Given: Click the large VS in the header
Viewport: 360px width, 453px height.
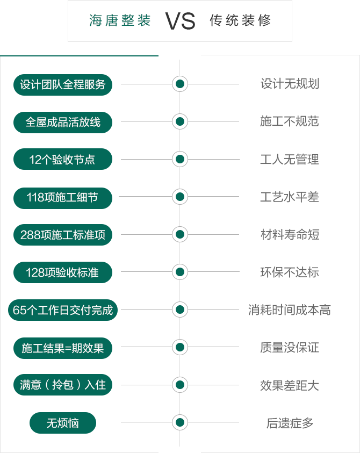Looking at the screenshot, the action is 181,21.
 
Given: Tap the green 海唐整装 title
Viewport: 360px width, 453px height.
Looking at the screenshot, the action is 120,20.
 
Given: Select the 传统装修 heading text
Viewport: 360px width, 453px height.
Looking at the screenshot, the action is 240,20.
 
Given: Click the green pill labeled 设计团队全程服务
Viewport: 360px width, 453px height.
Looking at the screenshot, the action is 63,85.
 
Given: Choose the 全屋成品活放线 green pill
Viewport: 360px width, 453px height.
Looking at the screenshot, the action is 63,122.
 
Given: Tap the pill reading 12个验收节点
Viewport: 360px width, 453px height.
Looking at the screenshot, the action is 63,159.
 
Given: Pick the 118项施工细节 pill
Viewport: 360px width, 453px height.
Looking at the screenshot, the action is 63,198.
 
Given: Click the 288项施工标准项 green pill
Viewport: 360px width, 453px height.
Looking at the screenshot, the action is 63,235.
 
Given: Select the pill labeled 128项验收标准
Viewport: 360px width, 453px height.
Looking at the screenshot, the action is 63,272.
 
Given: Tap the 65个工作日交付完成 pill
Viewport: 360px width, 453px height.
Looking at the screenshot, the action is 63,310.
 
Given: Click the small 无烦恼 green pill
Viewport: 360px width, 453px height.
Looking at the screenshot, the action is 63,423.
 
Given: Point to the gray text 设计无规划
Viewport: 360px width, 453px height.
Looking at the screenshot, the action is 290,84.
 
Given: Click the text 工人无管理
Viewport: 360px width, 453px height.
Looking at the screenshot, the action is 290,159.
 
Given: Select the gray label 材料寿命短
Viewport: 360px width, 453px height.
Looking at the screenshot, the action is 290,234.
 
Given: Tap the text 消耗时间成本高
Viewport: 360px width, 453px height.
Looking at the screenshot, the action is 290,310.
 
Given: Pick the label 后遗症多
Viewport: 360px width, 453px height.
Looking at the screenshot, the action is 290,423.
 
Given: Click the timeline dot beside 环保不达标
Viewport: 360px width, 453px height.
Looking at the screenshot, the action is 180,272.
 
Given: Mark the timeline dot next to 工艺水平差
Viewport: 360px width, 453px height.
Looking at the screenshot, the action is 180,197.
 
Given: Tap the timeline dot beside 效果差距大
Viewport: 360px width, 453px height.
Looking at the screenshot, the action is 180,385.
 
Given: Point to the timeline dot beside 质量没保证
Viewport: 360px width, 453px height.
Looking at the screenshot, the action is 180,347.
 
